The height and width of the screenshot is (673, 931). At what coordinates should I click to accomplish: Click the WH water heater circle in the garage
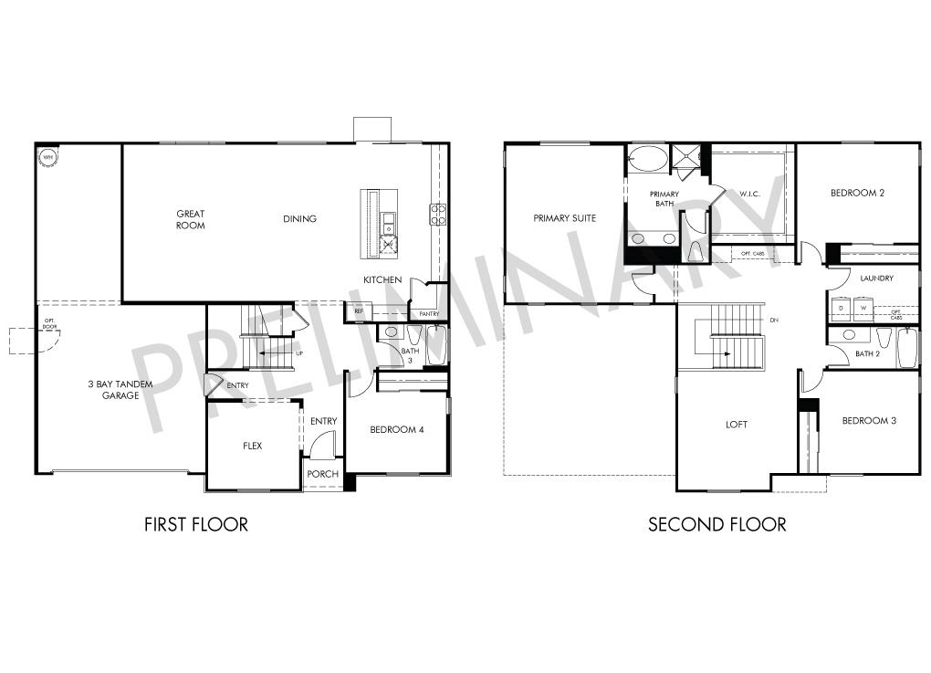pos(47,156)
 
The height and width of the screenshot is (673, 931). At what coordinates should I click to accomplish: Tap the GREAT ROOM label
pos(191,219)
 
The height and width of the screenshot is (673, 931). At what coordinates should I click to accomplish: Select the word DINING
pos(299,219)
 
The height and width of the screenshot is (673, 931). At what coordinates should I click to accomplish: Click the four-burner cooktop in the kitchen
pos(438,215)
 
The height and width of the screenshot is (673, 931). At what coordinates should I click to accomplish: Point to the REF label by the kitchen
pos(359,312)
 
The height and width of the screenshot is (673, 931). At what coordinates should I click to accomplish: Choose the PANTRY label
pos(429,314)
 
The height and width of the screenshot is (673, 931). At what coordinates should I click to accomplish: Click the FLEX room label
pos(253,446)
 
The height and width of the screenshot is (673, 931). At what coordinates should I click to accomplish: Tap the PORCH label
pos(322,474)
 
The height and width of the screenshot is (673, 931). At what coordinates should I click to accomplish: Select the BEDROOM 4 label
pos(396,429)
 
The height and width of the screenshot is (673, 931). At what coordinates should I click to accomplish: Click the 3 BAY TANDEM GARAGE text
pos(120,390)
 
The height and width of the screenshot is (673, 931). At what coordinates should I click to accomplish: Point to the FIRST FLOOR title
pos(196,524)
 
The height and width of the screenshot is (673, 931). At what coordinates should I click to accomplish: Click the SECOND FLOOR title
pos(717,524)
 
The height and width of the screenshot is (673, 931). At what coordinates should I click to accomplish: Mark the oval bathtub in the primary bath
pos(648,159)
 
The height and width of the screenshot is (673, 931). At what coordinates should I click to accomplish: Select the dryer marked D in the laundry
pos(841,310)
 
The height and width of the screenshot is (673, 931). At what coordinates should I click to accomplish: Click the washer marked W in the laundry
pos(863,310)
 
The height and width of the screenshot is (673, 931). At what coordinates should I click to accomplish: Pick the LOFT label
pos(737,424)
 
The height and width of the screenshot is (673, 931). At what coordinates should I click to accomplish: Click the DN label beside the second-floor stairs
pos(774,320)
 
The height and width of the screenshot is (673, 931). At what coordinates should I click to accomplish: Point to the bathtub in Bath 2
pos(907,348)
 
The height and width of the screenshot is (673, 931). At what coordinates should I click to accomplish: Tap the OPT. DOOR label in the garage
pos(48,322)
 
